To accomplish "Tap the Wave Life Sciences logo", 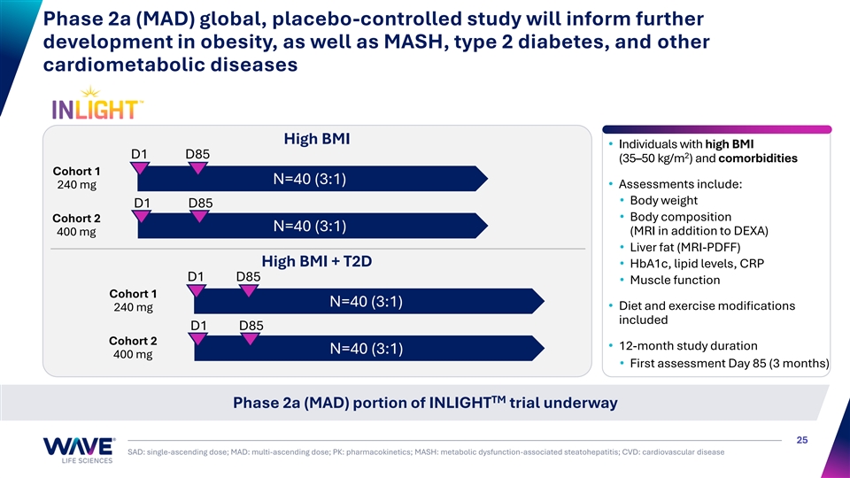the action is point(79,451).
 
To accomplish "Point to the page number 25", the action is point(802,440).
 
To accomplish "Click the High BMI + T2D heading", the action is point(317,261).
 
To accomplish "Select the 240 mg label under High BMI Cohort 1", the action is point(76,185).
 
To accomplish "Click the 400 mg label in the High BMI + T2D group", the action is point(133,354).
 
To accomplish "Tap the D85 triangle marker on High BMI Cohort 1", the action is point(197,168).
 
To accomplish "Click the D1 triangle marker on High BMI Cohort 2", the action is point(141,216).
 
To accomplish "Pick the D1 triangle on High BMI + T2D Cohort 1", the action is point(196,290).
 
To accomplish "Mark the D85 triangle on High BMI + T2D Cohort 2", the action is point(250,339).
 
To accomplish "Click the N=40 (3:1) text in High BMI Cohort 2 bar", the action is point(310,226).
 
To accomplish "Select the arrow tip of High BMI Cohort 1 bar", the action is point(487,178).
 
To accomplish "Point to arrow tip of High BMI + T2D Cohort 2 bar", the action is point(544,348).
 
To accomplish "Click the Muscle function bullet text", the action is point(675,281).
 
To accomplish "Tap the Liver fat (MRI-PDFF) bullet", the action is point(685,247).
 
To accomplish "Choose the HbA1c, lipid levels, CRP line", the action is point(697,264).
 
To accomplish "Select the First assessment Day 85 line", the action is point(729,363).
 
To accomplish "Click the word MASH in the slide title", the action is point(413,42).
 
